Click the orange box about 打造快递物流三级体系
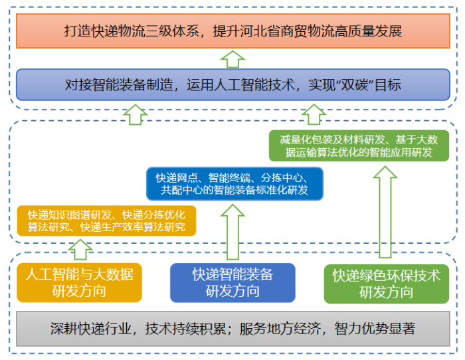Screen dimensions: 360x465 coord(232,31)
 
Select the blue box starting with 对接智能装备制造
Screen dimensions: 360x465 coord(232,84)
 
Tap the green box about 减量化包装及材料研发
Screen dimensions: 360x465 coord(359,145)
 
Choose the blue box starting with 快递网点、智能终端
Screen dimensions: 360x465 coord(234,184)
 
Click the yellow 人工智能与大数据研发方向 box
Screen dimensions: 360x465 coord(79,282)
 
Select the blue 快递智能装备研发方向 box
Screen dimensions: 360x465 coord(232,282)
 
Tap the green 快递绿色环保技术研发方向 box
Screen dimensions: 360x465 coord(386,282)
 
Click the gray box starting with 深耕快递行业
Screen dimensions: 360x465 coord(232,328)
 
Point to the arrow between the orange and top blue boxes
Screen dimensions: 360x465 coord(232,58)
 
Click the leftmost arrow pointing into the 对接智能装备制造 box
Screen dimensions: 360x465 coord(136,114)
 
